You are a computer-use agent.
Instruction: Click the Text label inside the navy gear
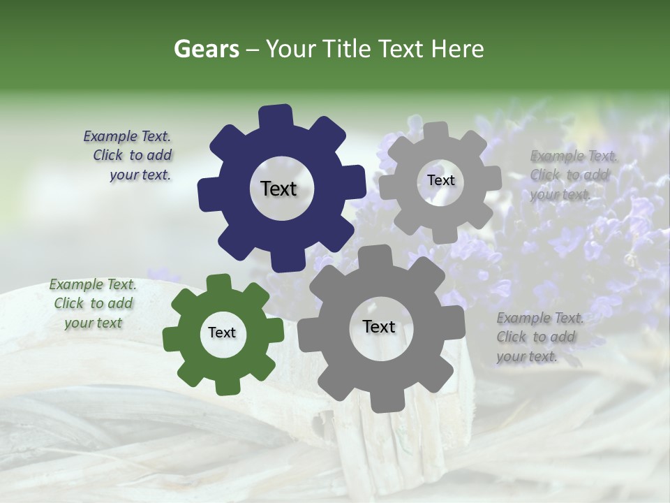pyautogui.click(x=279, y=189)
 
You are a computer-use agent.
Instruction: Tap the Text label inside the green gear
pyautogui.click(x=222, y=333)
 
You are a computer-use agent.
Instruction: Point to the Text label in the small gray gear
pyautogui.click(x=440, y=180)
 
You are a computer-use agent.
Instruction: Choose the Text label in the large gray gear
pyautogui.click(x=379, y=327)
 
